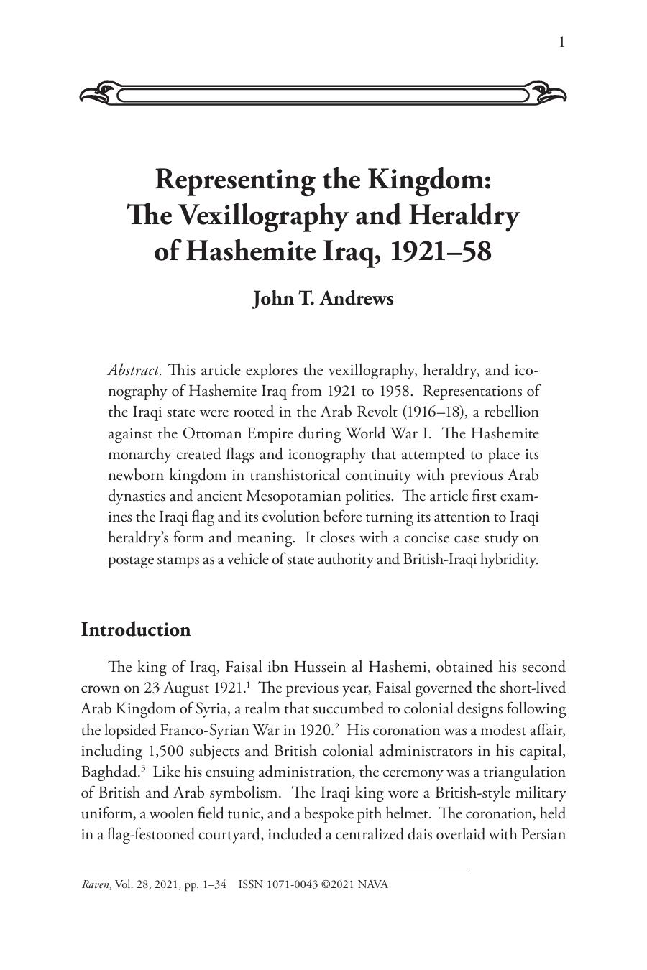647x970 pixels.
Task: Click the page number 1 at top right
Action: coord(561,42)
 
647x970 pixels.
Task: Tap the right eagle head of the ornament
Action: coord(548,93)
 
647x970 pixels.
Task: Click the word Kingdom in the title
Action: coord(429,179)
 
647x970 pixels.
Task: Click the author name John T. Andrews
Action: coord(323,298)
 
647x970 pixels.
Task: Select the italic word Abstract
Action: coord(134,371)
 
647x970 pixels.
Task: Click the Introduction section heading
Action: coord(136,629)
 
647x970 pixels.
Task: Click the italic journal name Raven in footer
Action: coord(96,884)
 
